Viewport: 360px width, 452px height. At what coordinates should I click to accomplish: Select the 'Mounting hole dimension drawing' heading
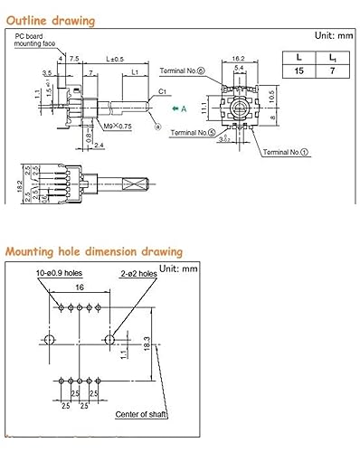(x=93, y=251)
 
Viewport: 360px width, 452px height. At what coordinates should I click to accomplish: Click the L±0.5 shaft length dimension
(x=115, y=58)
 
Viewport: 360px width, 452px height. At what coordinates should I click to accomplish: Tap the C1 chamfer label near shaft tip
(x=162, y=91)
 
